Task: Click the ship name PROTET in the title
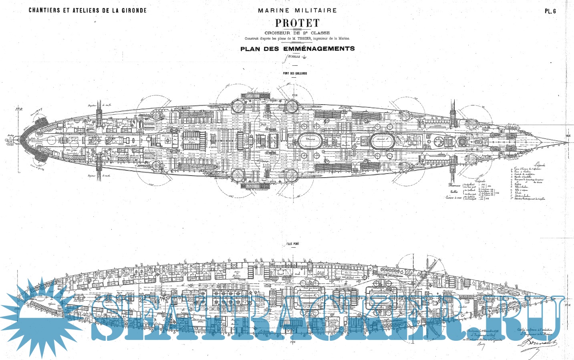coord(297,23)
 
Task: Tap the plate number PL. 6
coord(550,11)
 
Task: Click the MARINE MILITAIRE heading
coord(297,10)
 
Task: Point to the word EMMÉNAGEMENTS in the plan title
coord(319,49)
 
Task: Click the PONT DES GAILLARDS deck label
coord(295,73)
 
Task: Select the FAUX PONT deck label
coord(292,244)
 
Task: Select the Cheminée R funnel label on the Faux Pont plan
coord(308,296)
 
